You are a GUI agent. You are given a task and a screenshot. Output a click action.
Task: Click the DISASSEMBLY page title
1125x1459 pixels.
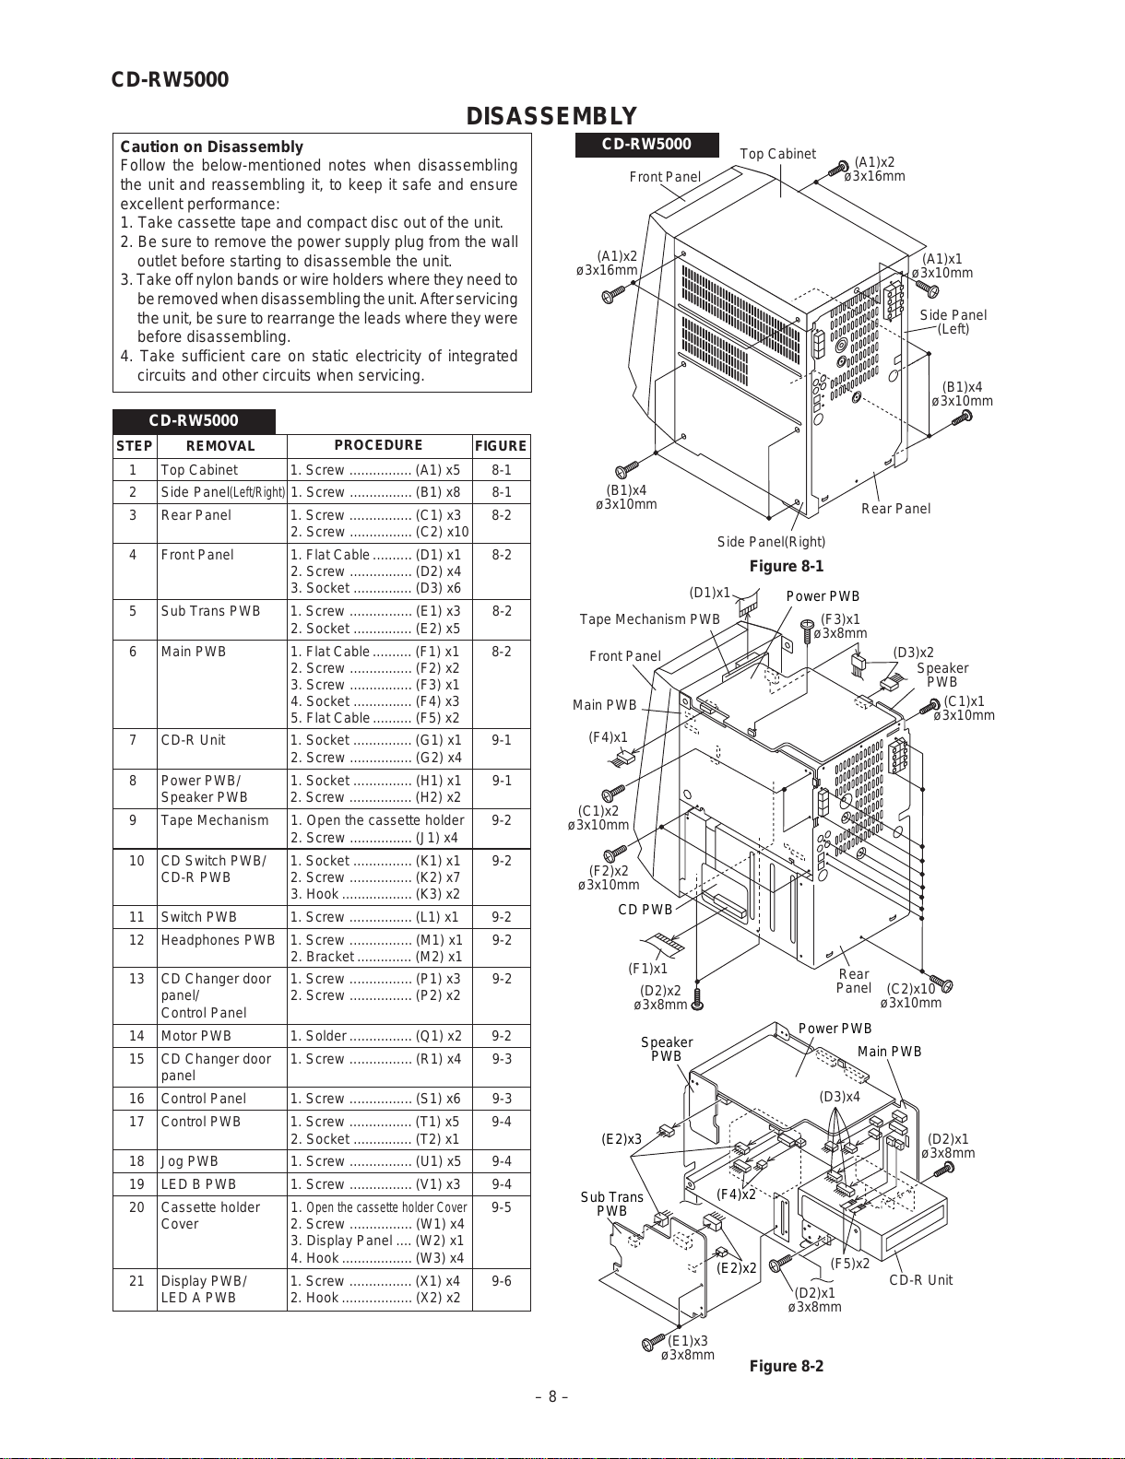[551, 116]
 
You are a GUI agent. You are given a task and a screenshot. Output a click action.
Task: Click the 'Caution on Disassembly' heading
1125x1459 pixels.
[211, 147]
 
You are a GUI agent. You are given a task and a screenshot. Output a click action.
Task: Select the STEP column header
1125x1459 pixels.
[135, 446]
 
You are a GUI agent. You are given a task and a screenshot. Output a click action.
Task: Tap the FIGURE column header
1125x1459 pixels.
[501, 446]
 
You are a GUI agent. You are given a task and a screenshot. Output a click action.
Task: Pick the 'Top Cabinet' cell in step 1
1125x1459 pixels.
[199, 470]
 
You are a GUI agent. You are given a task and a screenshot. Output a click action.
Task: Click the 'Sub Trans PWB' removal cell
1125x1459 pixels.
[210, 611]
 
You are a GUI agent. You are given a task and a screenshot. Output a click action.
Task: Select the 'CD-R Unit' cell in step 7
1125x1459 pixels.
[193, 740]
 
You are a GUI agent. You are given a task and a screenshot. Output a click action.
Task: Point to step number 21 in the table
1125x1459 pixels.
[136, 1281]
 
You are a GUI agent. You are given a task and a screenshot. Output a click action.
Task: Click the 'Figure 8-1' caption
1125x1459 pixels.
[786, 566]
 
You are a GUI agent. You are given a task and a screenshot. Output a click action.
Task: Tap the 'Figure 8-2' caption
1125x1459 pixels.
[786, 1366]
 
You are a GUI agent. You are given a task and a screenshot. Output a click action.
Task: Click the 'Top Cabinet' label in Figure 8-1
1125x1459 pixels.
[777, 154]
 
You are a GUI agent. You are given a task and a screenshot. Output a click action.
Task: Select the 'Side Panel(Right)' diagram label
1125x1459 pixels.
[771, 542]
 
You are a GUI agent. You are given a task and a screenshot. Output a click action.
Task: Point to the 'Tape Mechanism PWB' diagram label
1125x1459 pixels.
[649, 619]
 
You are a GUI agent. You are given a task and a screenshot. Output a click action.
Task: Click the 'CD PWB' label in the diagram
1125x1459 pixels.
[645, 910]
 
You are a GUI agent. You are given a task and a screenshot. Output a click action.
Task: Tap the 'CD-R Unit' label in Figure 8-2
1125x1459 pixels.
[920, 1280]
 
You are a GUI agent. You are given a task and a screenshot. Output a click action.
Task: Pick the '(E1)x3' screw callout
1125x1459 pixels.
[688, 1341]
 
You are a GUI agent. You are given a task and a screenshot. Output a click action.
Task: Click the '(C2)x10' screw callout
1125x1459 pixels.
[910, 990]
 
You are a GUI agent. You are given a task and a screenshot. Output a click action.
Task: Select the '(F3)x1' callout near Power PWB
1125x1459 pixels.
[840, 619]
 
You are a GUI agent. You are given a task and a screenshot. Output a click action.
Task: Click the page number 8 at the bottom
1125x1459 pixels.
[551, 1396]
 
